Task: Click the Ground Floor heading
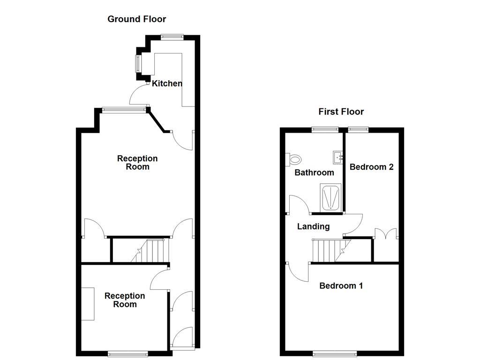[136, 19]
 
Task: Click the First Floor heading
[341, 112]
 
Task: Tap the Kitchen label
[167, 83]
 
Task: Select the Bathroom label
[314, 172]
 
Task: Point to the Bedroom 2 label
[371, 167]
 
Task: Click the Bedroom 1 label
[341, 285]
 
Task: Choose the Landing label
[314, 226]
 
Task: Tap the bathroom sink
[338, 157]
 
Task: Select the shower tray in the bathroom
[331, 197]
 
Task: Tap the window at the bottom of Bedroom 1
[334, 353]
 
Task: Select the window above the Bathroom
[326, 129]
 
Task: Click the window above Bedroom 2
[359, 129]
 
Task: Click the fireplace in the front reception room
[87, 304]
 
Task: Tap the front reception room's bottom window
[128, 353]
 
